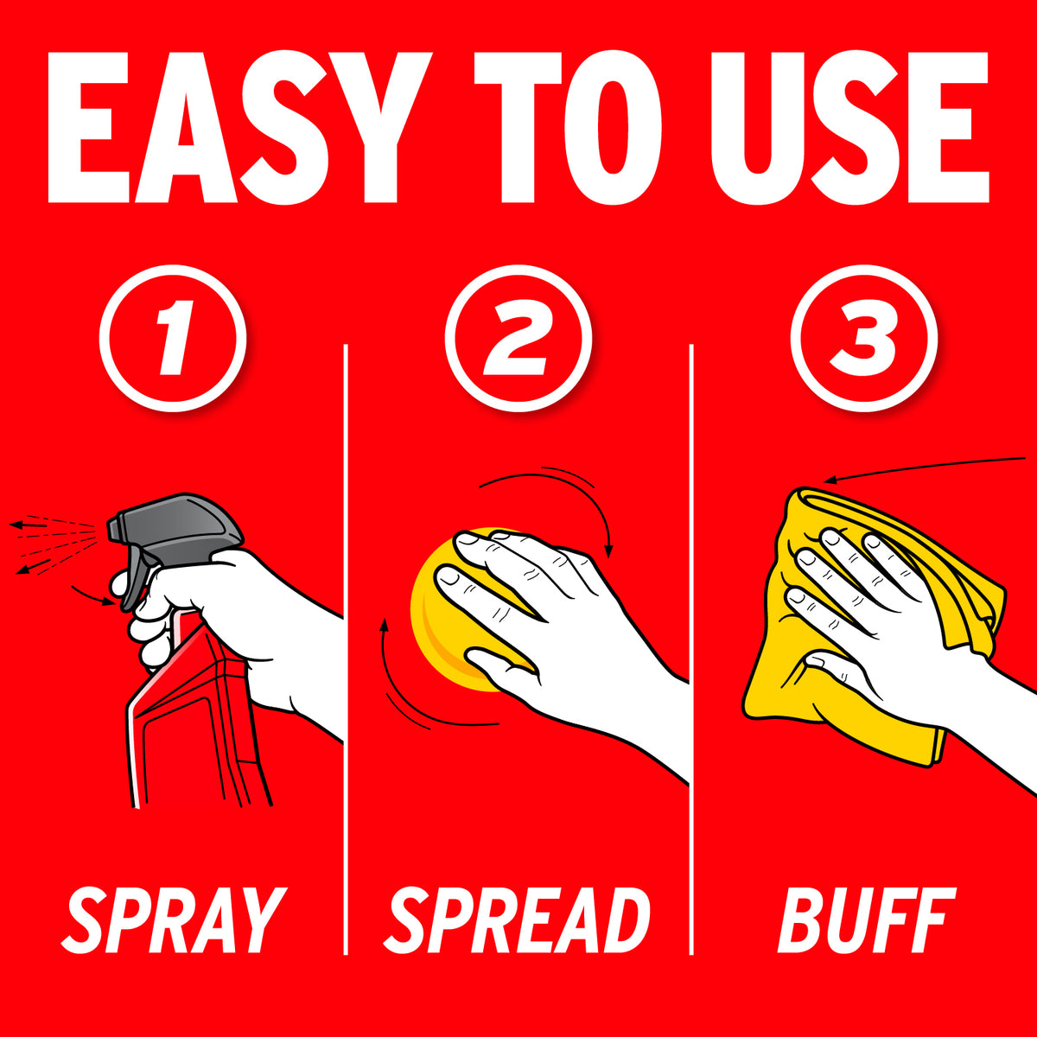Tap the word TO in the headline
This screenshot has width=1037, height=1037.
567,128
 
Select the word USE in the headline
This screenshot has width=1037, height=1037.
849,128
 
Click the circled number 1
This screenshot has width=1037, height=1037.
173,338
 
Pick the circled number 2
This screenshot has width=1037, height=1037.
518,338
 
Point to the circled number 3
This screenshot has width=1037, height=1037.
863,338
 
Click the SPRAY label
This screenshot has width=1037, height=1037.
174,919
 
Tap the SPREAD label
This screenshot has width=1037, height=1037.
517,919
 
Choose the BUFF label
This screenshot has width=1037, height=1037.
867,919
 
